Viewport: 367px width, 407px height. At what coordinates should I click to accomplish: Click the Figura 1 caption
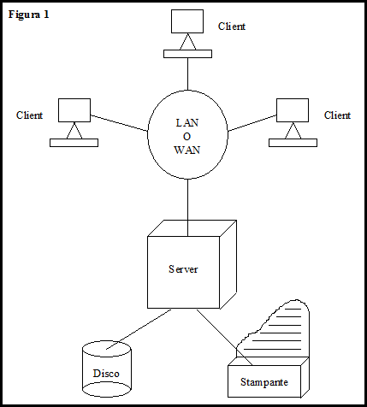click(29, 15)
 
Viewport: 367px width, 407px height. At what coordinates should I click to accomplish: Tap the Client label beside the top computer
click(232, 27)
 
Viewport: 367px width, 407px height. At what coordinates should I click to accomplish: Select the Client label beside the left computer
click(29, 115)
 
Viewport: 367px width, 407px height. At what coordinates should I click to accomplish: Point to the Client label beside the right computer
click(337, 115)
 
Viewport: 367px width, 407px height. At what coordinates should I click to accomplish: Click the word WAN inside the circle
click(187, 150)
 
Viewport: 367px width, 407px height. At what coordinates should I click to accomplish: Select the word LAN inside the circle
click(187, 123)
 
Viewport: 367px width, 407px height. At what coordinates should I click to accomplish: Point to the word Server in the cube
click(183, 269)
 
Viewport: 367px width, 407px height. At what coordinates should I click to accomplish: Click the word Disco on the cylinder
click(106, 374)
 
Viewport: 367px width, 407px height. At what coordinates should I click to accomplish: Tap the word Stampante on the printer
click(264, 382)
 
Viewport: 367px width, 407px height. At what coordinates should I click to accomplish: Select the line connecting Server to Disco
click(139, 329)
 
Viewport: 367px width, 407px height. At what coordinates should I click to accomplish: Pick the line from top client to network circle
click(187, 74)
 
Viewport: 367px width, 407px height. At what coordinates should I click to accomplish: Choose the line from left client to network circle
click(119, 123)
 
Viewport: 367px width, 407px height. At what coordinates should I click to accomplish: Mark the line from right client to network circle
click(252, 123)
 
